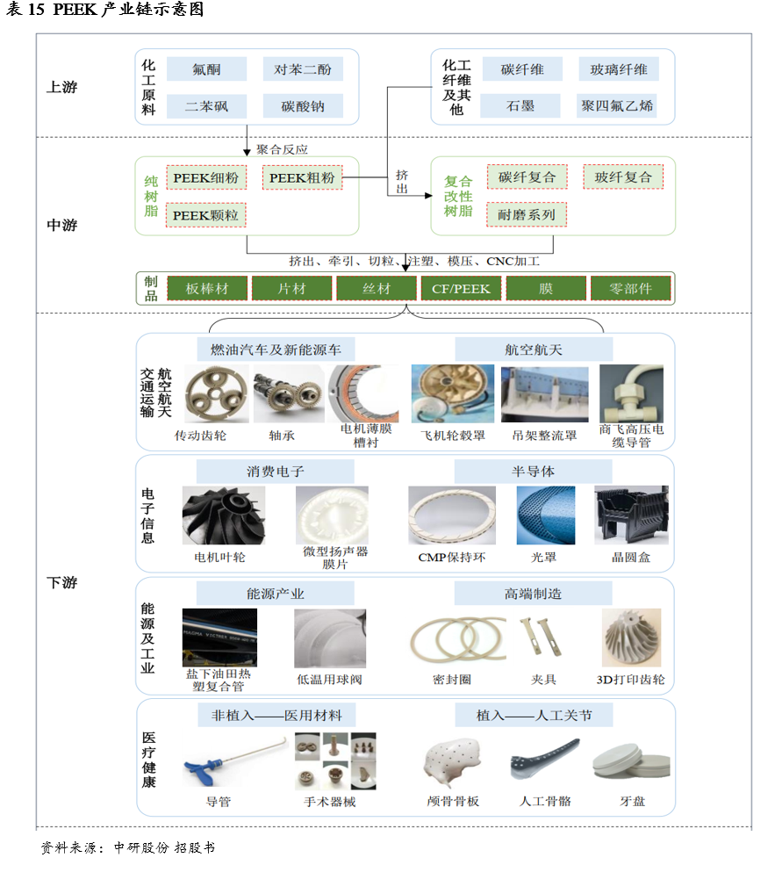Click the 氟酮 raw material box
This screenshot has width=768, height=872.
point(206,69)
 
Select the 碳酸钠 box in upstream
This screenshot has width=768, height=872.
point(303,106)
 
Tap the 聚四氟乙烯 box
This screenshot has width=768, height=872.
point(617,106)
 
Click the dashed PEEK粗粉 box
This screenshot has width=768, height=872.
point(302,177)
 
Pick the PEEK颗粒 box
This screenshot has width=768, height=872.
point(205,214)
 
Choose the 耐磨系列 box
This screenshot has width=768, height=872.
point(527,214)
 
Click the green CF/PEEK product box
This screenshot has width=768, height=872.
point(461,288)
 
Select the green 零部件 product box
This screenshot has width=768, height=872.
point(631,288)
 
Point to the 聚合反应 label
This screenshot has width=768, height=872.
point(282,149)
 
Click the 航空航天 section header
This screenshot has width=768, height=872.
point(534,350)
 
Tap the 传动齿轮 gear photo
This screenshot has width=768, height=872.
point(209,394)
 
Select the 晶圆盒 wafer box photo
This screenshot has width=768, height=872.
point(631,515)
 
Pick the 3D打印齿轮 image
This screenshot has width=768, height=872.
point(631,638)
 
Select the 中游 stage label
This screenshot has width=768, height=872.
point(62,225)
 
